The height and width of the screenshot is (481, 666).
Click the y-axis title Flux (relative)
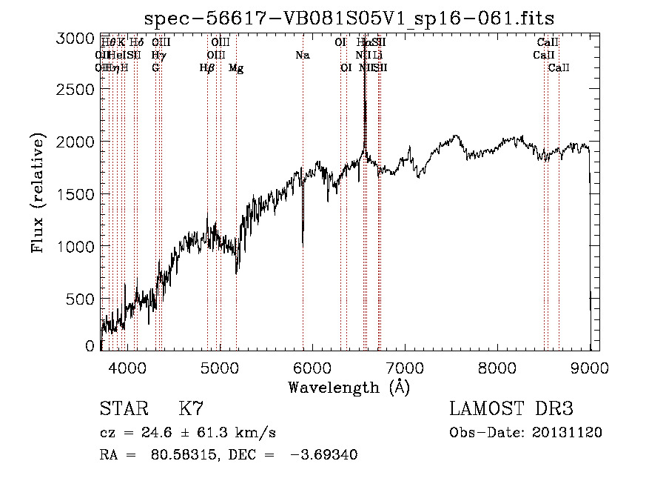[x=38, y=194]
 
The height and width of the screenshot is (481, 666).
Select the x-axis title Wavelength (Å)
[x=349, y=387]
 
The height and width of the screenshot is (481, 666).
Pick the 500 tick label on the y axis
[x=82, y=299]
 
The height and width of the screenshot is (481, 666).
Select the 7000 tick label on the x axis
[x=405, y=366]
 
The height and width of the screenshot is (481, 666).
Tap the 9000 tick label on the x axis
[x=590, y=366]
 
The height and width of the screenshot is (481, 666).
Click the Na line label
[x=302, y=56]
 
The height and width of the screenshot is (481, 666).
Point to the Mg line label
[x=236, y=68]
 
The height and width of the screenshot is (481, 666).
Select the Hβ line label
[x=207, y=68]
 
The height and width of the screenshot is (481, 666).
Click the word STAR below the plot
[x=122, y=409]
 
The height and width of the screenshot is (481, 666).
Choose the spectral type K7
[x=191, y=409]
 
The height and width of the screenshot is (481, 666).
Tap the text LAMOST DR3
[x=511, y=409]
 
